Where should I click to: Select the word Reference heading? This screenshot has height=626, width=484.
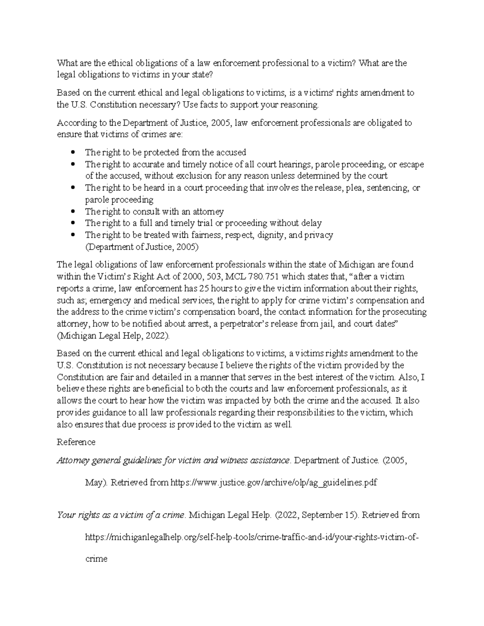coord(76,442)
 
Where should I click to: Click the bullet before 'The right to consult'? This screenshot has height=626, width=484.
coord(73,212)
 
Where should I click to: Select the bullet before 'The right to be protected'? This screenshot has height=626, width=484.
coord(73,152)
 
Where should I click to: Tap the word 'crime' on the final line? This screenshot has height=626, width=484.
coord(96,559)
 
